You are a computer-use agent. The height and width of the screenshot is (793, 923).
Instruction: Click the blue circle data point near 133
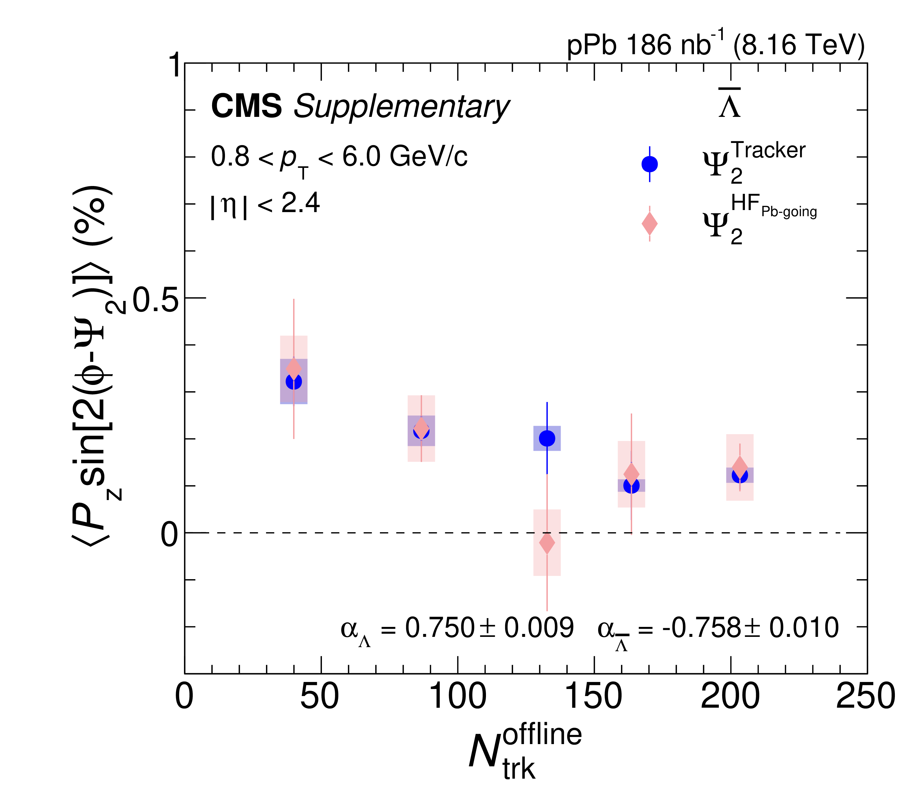click(547, 438)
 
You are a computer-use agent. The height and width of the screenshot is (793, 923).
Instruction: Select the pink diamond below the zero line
click(547, 543)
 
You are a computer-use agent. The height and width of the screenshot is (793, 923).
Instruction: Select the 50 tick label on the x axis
click(319, 696)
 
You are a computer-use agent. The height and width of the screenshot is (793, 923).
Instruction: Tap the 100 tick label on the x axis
click(457, 696)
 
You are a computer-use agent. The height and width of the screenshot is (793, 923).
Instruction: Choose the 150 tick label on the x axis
click(593, 696)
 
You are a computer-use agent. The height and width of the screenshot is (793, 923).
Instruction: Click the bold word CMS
click(246, 106)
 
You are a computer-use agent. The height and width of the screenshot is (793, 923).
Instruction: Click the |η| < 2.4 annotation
click(265, 204)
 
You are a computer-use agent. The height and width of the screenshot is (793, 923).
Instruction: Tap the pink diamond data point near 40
click(294, 369)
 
